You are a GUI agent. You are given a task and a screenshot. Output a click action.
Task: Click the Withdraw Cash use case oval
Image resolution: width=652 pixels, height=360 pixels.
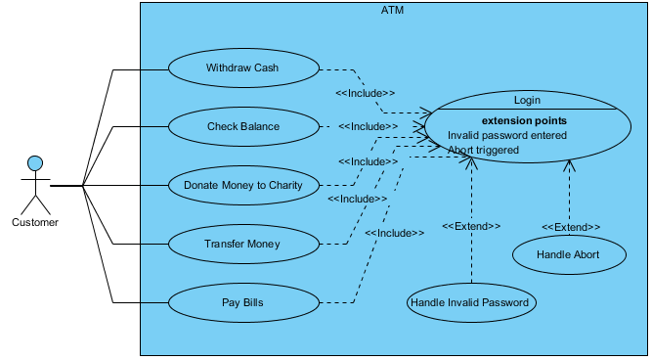tap(243, 68)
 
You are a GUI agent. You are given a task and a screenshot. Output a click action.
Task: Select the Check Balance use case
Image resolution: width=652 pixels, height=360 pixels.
tap(243, 126)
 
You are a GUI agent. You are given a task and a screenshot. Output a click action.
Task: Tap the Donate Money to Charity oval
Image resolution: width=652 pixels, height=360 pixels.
tap(243, 185)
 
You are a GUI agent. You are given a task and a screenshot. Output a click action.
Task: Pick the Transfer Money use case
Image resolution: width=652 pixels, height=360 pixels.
tap(243, 244)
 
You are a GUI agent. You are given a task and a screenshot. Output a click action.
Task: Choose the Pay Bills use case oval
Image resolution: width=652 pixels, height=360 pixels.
tap(243, 302)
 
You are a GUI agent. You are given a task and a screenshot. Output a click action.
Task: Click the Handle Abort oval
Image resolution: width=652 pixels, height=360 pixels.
tap(568, 254)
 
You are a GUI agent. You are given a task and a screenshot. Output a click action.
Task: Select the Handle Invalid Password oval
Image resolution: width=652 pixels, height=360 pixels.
tap(470, 302)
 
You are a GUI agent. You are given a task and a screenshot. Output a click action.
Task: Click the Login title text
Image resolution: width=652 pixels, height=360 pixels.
tap(527, 100)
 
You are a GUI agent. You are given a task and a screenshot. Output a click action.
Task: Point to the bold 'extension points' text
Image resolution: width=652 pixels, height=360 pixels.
tap(524, 120)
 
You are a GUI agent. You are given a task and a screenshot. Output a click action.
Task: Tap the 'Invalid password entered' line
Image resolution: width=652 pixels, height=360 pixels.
tap(507, 135)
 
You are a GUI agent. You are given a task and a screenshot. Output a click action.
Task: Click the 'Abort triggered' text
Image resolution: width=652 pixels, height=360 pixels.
tap(484, 151)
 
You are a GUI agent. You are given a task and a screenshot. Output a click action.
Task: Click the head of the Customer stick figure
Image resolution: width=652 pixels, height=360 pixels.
tap(35, 162)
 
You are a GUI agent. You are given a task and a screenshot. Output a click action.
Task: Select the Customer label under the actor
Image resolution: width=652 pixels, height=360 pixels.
tap(35, 222)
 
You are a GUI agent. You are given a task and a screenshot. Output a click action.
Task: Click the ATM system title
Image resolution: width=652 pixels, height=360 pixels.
tap(392, 11)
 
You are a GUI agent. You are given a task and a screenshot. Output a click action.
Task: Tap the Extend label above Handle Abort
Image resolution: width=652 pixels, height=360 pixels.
tap(571, 227)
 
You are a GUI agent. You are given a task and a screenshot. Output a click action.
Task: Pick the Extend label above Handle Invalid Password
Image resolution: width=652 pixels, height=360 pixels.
tap(471, 226)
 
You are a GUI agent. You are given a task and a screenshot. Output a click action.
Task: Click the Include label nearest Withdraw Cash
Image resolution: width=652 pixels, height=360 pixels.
tap(366, 93)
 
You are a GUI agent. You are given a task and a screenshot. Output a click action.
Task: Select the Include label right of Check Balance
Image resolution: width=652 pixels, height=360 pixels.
tap(369, 126)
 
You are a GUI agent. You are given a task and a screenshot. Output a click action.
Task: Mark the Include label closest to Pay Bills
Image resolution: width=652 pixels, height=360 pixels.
tap(395, 234)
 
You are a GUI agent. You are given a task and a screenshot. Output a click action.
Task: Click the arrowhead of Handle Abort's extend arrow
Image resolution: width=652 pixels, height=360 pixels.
tap(568, 165)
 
